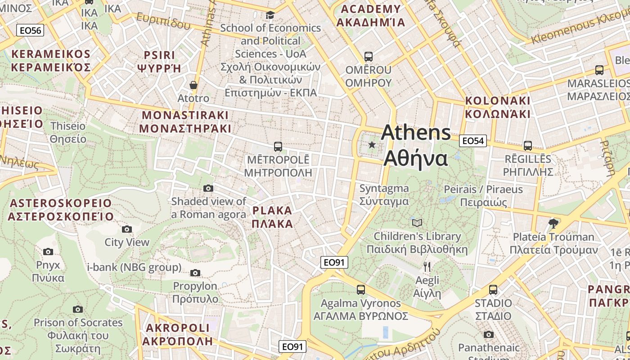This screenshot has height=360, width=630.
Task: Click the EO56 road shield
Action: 31,31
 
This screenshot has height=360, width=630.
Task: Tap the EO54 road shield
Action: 473,141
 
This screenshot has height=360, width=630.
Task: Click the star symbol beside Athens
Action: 372,145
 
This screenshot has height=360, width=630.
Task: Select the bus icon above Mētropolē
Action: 278,147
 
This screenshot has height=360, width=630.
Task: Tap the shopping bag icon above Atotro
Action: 193,85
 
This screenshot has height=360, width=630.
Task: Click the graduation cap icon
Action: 270,15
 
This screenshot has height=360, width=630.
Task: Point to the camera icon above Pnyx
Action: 48,252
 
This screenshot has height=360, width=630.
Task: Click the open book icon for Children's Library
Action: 417,223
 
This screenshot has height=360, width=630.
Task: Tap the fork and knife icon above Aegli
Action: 427,267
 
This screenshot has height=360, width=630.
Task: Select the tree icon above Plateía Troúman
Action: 553,223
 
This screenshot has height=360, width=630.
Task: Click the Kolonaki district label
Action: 498,107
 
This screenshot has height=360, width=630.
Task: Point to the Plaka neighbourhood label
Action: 272,217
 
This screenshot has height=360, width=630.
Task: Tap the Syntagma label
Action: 384,194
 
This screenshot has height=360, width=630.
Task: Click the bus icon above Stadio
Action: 493,290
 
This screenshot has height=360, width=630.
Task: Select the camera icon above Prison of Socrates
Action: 78,309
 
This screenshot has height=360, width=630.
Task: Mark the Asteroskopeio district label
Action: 60,210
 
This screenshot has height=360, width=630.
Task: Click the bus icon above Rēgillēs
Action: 527,146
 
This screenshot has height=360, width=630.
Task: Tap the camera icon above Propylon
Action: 195,273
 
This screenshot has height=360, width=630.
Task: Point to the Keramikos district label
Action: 51,61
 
